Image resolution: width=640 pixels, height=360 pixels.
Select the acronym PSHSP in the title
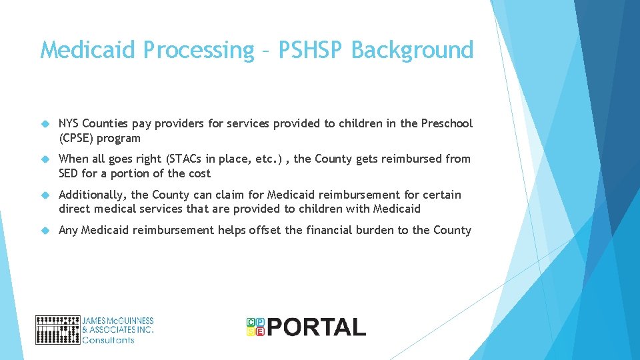[x=310, y=50]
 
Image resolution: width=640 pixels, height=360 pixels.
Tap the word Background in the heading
[x=412, y=50]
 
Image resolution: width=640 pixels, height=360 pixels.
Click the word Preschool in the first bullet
[x=447, y=123]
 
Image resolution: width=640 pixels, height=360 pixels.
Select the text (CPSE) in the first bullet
[x=77, y=138]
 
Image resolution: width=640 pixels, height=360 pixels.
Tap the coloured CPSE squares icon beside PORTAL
[x=255, y=326]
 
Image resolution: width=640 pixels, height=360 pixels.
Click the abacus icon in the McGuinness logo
[x=57, y=329]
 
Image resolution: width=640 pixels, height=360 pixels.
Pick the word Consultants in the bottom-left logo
[x=108, y=340]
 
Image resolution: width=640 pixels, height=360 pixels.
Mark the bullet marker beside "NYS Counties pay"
[x=45, y=124]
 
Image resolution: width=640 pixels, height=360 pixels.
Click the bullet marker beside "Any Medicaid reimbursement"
[x=45, y=231]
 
